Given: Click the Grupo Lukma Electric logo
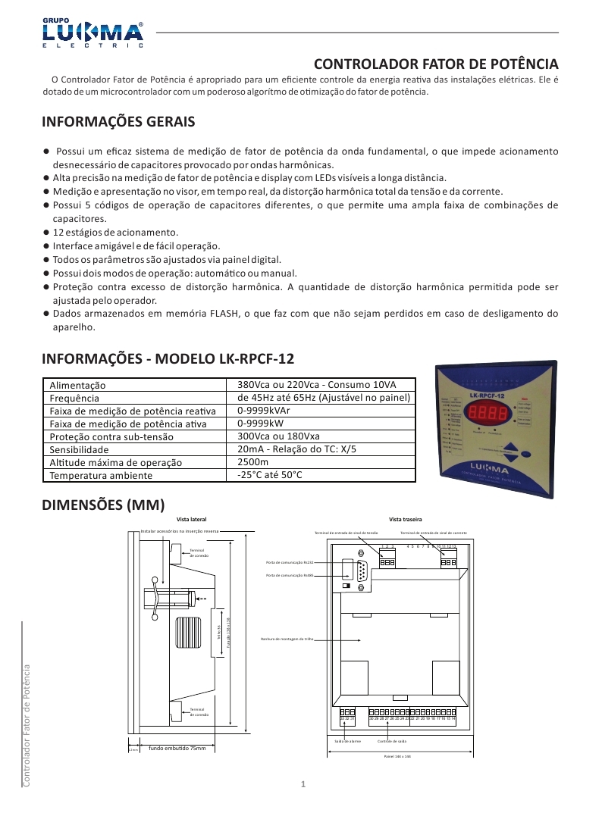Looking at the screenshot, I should [92, 33].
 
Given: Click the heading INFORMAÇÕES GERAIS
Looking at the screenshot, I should [118, 122].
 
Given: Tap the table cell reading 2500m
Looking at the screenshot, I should [253, 461].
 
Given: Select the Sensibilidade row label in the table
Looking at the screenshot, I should [84, 449].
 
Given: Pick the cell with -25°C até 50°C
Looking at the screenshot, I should [270, 474].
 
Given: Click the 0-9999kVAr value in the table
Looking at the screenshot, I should [263, 410].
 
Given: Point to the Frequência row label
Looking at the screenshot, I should [74, 398].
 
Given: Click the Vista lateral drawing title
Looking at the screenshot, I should [191, 519].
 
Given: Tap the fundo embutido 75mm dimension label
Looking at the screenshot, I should [177, 749].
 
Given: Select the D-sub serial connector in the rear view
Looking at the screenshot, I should [362, 571].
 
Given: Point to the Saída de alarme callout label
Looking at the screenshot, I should [347, 741].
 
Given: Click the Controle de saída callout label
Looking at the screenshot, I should [393, 741].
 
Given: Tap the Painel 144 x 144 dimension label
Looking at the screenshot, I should [397, 756].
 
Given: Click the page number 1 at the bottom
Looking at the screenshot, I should [302, 784].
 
